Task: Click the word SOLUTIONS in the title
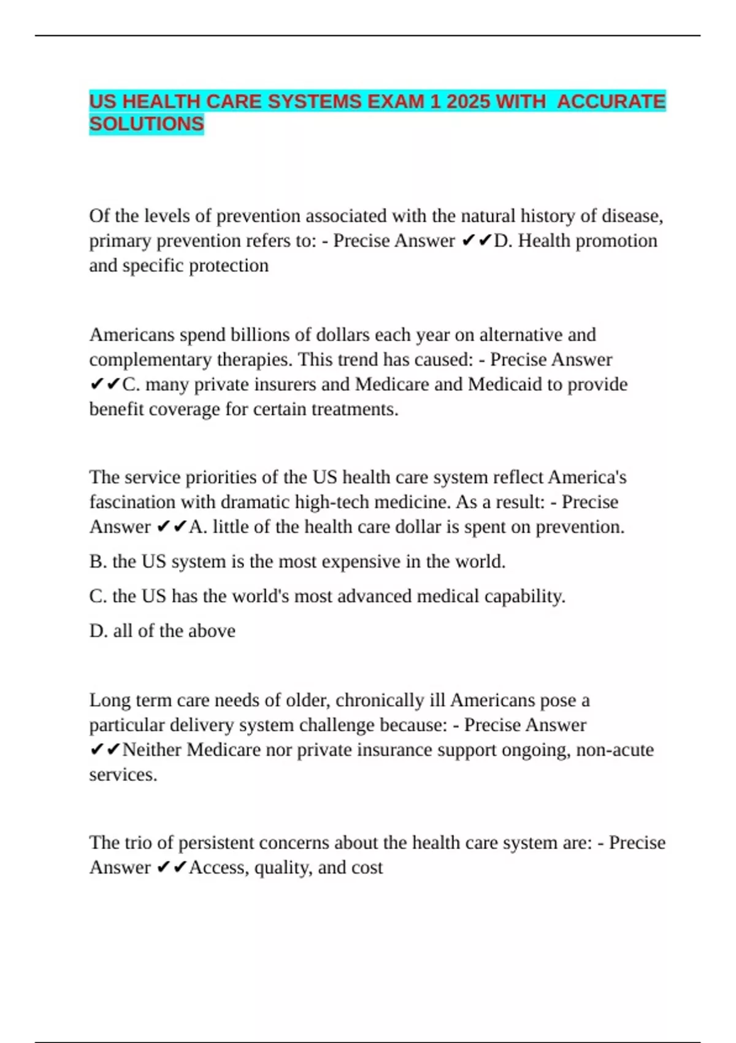tap(146, 124)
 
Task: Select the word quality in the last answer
tap(282, 868)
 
